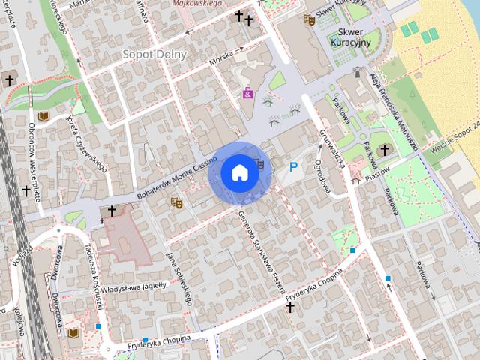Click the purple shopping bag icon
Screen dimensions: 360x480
247,94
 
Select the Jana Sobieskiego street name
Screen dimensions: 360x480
180,277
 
